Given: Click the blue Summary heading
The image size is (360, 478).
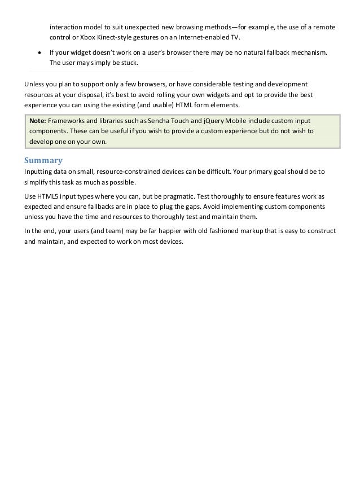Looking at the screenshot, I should click(x=43, y=160).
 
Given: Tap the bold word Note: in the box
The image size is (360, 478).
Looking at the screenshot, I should click(x=38, y=121).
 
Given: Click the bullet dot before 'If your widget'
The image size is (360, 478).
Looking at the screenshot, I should click(x=38, y=52).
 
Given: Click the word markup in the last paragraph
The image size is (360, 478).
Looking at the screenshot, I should click(x=247, y=231).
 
